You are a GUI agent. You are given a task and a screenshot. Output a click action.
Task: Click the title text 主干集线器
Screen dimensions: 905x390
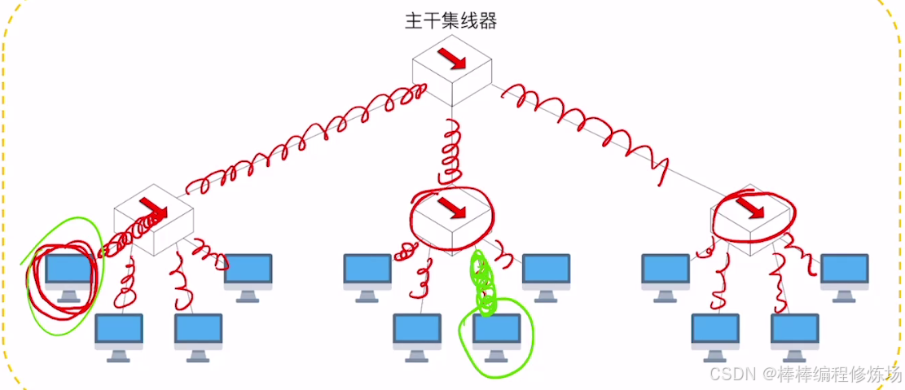click(x=450, y=21)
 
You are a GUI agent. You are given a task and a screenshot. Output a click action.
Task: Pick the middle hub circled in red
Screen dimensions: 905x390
click(x=451, y=215)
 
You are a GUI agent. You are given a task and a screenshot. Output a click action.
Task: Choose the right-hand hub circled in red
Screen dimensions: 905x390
click(x=753, y=215)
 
